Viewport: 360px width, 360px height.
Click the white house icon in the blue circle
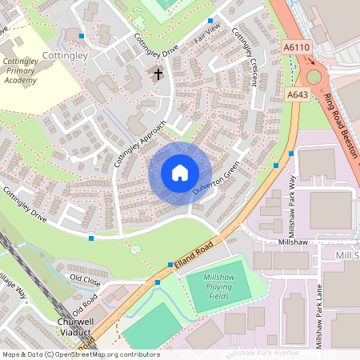click(180, 173)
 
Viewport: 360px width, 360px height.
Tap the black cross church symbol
click(158, 75)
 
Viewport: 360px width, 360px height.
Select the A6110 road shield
click(296, 48)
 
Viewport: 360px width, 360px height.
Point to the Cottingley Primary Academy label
click(19, 70)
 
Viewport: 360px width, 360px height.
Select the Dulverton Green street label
click(216, 181)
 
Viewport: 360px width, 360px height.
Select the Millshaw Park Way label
click(292, 204)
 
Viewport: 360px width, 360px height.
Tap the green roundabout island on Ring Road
click(314, 77)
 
